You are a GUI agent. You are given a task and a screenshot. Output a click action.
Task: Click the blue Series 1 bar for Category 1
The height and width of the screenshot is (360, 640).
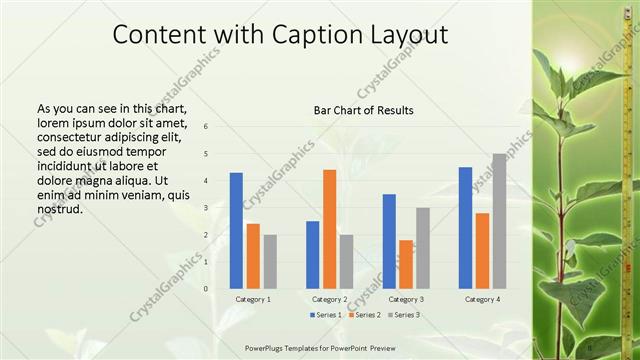(x=236, y=230)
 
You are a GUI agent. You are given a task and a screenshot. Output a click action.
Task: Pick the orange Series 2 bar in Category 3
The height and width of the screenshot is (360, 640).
(x=406, y=264)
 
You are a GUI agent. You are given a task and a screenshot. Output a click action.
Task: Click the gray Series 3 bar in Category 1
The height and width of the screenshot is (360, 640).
(x=270, y=261)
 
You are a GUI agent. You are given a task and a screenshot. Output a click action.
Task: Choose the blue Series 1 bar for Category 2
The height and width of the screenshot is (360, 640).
(x=312, y=254)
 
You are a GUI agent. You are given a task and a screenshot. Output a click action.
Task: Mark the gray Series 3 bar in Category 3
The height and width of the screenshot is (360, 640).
(x=423, y=247)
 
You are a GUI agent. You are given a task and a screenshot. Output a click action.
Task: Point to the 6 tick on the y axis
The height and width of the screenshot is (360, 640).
(x=204, y=127)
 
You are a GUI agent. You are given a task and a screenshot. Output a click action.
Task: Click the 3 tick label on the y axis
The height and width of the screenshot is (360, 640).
(x=204, y=208)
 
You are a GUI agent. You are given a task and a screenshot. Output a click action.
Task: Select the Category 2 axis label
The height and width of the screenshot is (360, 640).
(x=329, y=299)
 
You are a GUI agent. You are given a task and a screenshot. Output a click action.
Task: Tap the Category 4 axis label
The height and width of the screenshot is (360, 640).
(x=482, y=299)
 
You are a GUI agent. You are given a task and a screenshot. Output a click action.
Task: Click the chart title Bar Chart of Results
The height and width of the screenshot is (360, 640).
(x=363, y=109)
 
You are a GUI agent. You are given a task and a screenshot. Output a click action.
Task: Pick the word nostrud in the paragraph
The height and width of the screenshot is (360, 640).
(x=58, y=209)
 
